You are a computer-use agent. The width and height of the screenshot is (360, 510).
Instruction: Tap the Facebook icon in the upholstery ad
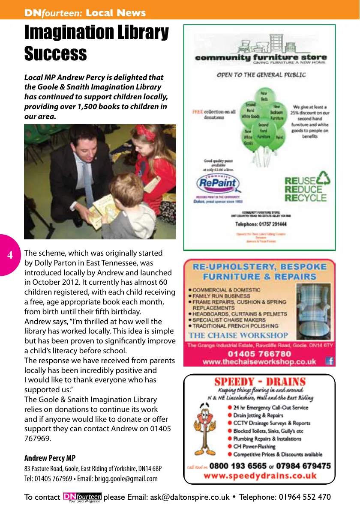tap(329, 361)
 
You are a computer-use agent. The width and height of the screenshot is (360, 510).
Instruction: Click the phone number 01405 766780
tap(259, 354)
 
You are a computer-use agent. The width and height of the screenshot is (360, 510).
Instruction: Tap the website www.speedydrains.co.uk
tap(260, 476)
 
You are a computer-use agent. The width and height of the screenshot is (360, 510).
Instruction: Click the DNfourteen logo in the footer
tap(82, 497)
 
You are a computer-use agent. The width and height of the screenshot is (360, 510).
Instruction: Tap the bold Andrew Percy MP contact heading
tap(50, 458)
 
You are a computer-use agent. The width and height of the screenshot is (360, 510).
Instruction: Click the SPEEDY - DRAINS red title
tap(260, 382)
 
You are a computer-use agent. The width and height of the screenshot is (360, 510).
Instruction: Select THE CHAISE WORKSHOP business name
tap(239, 335)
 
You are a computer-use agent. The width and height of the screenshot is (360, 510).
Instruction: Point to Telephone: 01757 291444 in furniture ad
tap(261, 224)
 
